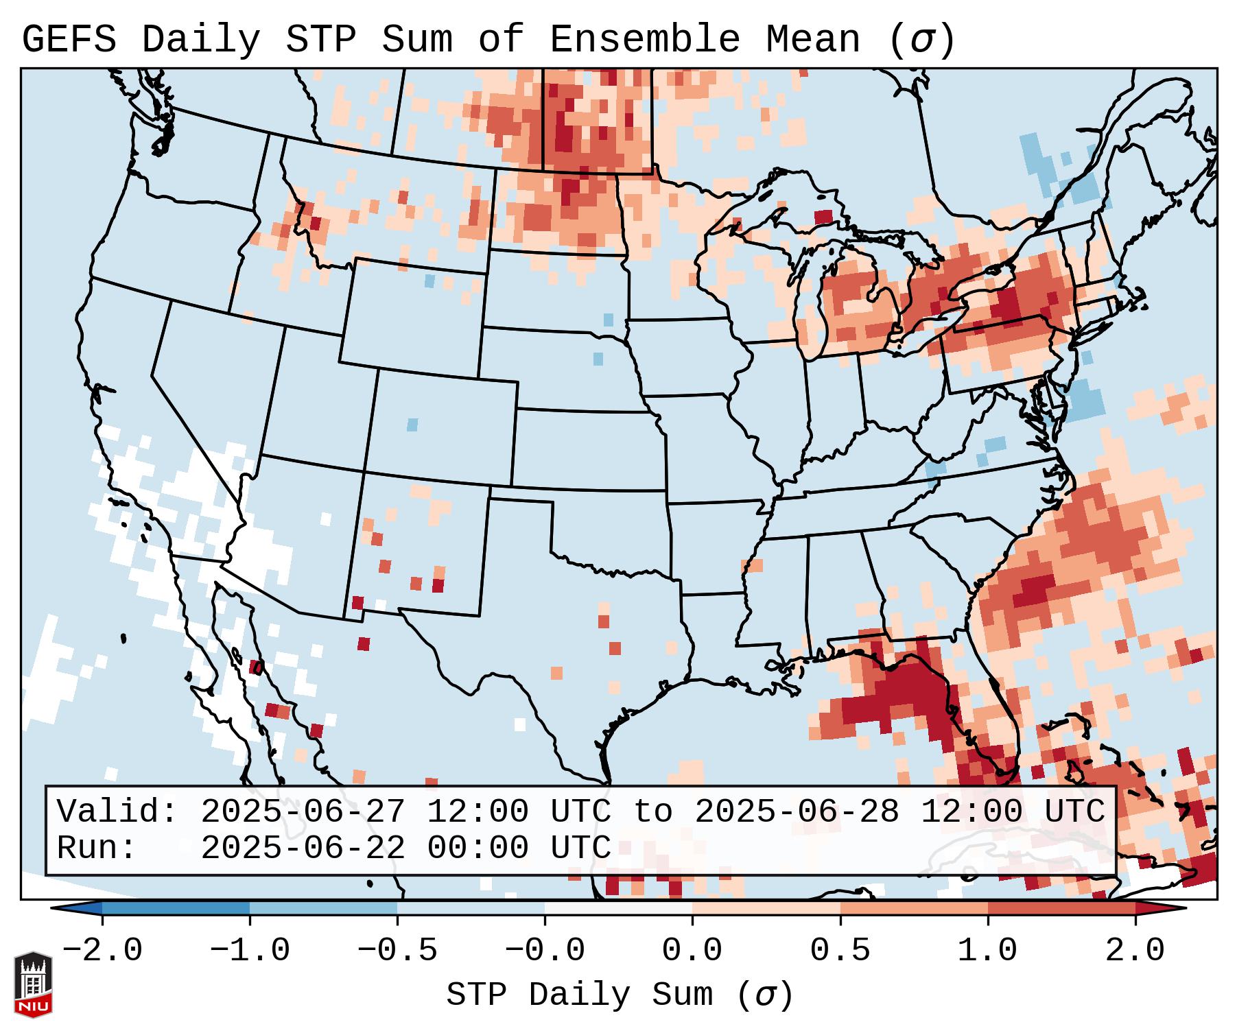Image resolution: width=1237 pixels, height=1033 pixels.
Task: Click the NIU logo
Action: (33, 984)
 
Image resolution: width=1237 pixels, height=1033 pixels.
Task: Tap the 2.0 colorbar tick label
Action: (1135, 951)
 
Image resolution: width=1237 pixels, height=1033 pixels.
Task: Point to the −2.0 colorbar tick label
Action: (102, 951)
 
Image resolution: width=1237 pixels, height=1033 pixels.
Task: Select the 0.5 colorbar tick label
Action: (840, 951)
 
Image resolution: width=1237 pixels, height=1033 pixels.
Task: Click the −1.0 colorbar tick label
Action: (250, 951)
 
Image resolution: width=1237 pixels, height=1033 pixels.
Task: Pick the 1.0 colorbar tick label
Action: (987, 951)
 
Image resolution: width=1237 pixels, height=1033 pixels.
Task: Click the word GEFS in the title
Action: (69, 40)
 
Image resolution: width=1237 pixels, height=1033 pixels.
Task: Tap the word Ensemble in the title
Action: (645, 40)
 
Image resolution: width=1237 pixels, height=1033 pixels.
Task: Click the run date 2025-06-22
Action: (303, 848)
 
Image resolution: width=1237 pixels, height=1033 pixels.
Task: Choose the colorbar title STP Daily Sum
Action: (580, 995)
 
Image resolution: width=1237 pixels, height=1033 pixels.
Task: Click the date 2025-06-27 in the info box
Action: (303, 812)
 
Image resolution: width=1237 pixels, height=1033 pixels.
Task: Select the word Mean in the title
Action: (812, 40)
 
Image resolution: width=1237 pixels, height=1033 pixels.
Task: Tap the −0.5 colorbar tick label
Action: (397, 951)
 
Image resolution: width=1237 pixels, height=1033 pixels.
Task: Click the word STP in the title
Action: (320, 40)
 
